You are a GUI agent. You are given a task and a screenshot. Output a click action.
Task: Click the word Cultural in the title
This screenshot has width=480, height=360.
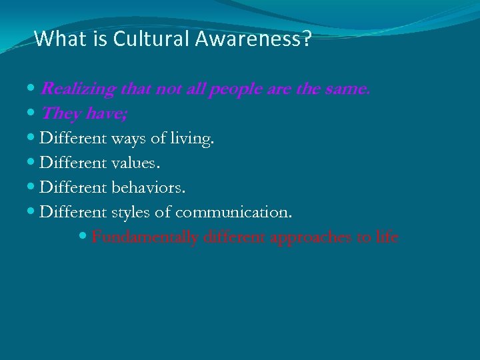151,39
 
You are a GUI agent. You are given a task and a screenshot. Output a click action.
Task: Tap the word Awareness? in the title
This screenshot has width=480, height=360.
253,39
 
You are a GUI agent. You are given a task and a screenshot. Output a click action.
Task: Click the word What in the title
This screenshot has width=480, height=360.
56,39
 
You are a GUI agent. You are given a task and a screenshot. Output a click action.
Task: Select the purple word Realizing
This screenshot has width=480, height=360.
78,89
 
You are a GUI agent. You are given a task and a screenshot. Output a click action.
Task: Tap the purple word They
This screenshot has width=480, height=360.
60,114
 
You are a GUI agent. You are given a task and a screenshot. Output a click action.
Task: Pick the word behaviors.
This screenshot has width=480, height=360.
149,188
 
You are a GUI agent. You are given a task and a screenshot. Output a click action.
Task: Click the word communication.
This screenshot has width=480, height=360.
233,213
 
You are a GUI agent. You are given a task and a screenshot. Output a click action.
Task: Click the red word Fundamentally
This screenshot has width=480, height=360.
145,237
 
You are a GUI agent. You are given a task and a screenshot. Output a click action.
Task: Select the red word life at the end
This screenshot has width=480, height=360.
387,237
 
